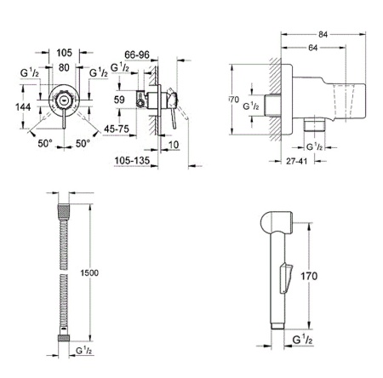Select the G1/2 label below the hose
[x=83, y=349]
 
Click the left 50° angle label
[x=45, y=146]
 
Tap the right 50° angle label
[x=83, y=146]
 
